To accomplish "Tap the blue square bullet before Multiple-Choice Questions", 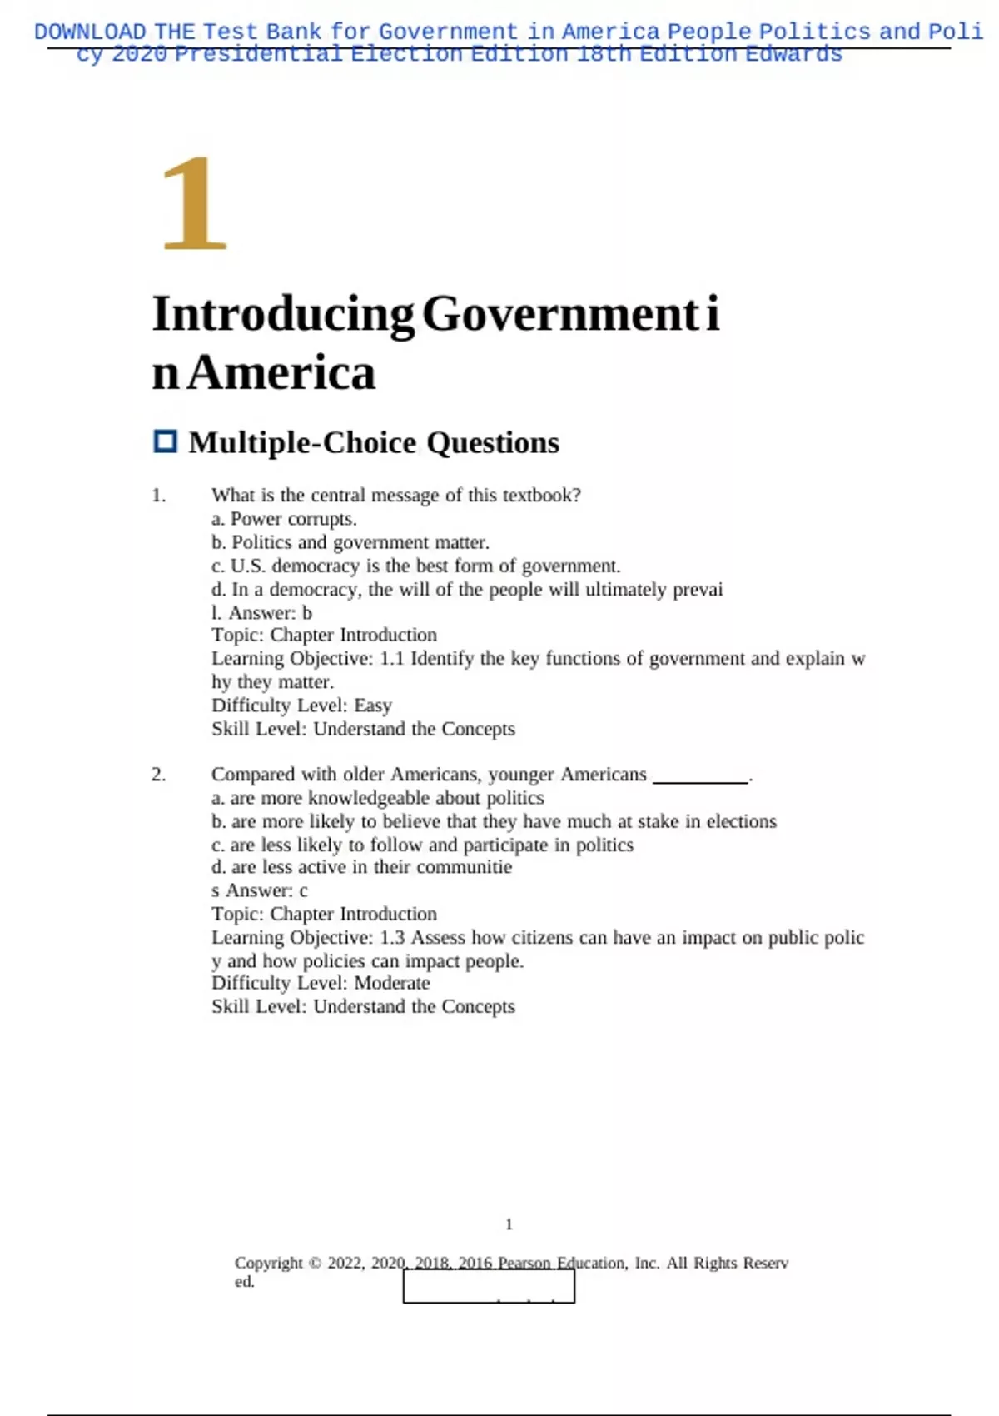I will [166, 441].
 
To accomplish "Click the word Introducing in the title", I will [283, 314].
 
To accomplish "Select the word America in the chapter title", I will [281, 372].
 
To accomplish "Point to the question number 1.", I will [158, 496].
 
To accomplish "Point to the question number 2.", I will [158, 775].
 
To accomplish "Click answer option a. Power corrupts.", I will [284, 519].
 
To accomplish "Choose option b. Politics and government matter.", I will [350, 542].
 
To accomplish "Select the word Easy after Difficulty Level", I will [372, 706].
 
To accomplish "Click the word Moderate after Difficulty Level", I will [392, 983].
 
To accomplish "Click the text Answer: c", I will [266, 890].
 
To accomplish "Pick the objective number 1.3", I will [392, 937].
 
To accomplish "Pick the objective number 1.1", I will [392, 658].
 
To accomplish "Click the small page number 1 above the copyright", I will [509, 1224].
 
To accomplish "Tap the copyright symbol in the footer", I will [315, 1263].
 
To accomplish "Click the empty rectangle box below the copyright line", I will [489, 1287].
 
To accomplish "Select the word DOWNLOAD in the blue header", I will [90, 32].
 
